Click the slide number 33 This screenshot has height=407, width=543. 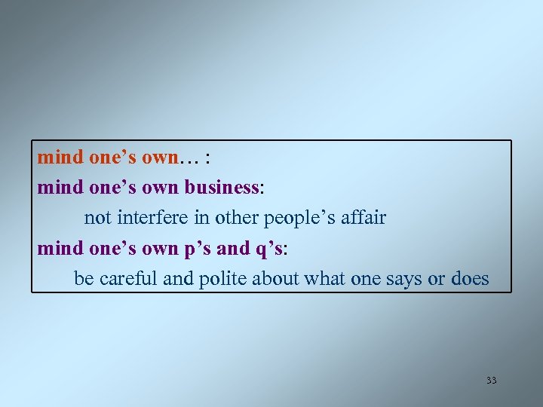click(492, 381)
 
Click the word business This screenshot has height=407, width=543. click(223, 188)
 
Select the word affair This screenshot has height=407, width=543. click(360, 218)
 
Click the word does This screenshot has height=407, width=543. click(470, 279)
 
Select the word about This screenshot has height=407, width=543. click(276, 279)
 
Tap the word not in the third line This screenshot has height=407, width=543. click(97, 219)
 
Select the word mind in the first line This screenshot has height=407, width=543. click(61, 158)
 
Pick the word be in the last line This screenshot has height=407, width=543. click(84, 279)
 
